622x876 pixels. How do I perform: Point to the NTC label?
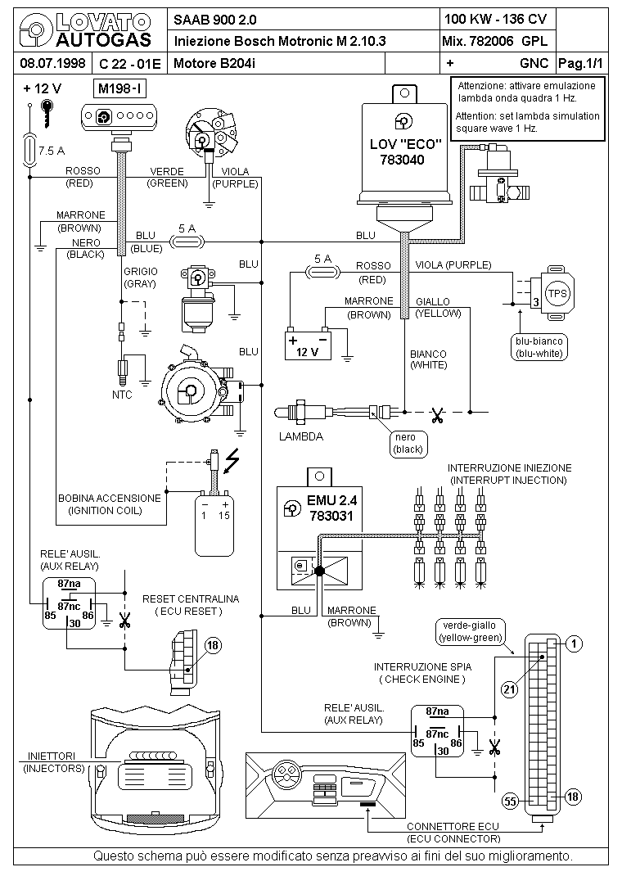[122, 395]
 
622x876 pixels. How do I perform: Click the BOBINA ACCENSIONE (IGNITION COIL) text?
[109, 503]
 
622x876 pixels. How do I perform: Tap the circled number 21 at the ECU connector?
[509, 690]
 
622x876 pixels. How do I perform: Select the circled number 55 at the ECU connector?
[509, 801]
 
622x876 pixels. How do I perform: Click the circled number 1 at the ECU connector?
[575, 644]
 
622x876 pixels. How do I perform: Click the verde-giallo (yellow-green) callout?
[470, 630]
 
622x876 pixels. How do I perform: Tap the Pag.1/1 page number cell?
[579, 63]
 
